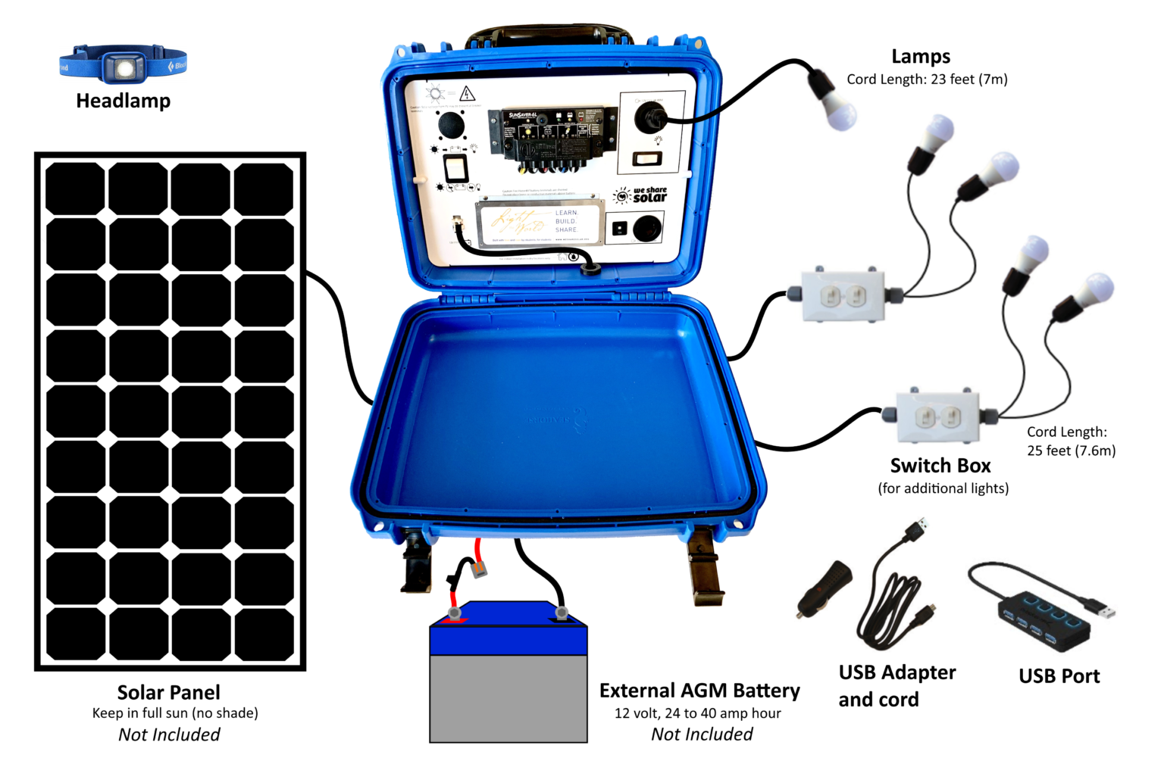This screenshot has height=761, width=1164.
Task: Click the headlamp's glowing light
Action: tap(124, 69)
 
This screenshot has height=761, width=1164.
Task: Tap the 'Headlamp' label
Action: tap(123, 101)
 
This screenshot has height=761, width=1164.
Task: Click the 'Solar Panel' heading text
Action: tap(168, 692)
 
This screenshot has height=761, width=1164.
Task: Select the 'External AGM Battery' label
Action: tap(699, 691)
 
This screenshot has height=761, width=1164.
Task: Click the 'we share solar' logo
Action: tap(642, 195)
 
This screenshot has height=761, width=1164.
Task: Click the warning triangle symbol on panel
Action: tap(468, 94)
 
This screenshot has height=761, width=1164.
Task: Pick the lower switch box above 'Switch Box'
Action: tap(938, 416)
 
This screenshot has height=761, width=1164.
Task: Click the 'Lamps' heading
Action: tap(920, 57)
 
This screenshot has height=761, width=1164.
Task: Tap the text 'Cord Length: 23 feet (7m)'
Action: tap(927, 80)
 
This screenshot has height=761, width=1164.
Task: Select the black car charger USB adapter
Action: tap(824, 588)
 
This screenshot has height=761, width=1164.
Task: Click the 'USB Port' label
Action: tap(1059, 676)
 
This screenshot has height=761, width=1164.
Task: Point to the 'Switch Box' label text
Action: tap(940, 466)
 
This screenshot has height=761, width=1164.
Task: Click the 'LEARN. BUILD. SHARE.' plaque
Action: tap(540, 222)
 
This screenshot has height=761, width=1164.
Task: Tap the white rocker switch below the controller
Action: tap(455, 167)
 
